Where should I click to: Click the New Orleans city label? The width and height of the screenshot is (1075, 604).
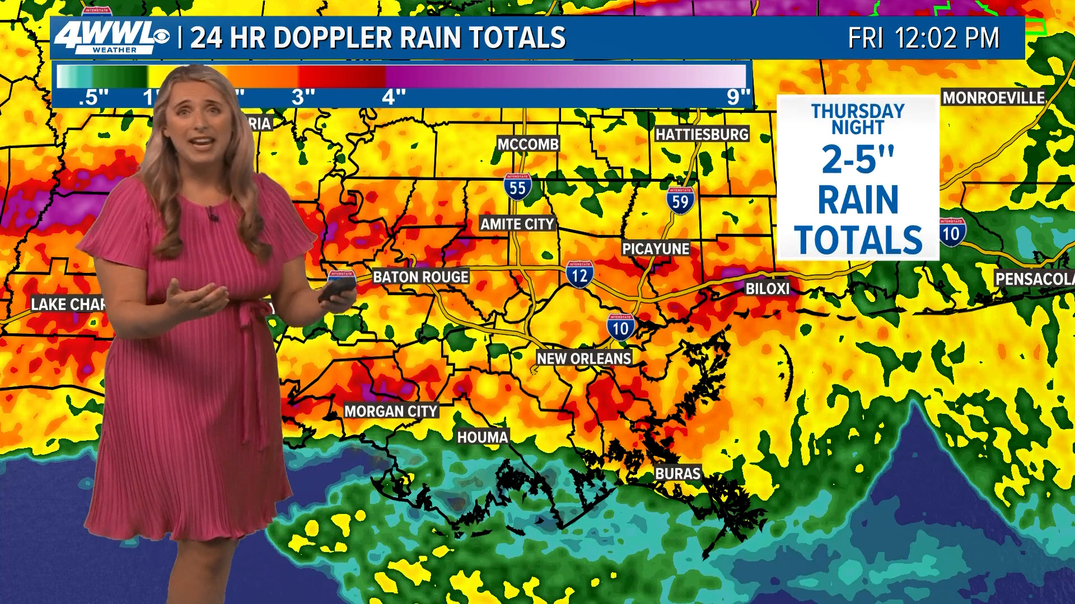point(584,358)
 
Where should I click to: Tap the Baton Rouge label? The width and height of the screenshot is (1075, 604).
point(420,277)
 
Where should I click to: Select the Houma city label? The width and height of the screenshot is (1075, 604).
point(483,437)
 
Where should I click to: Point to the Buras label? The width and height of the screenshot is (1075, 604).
point(677,474)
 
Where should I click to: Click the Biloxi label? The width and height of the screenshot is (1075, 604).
point(767,289)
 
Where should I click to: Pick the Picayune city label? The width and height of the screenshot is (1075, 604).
point(656,249)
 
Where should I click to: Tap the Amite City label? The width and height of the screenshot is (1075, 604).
point(517,224)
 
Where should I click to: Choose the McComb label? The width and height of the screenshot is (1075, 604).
point(528,144)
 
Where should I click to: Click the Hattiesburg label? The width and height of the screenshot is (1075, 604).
point(702,134)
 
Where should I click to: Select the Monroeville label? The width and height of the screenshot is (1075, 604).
point(993,98)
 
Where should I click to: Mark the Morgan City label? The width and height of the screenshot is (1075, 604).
point(391,412)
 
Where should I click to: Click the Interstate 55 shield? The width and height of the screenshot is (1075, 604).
point(517,187)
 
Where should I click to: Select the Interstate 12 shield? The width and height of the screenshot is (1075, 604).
point(579,274)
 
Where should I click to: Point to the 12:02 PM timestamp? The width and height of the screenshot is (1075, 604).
point(947,39)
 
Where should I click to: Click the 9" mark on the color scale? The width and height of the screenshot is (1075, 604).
point(738,97)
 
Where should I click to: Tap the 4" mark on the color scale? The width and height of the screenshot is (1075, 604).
point(393,97)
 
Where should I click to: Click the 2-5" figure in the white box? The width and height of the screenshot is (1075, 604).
point(858,160)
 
